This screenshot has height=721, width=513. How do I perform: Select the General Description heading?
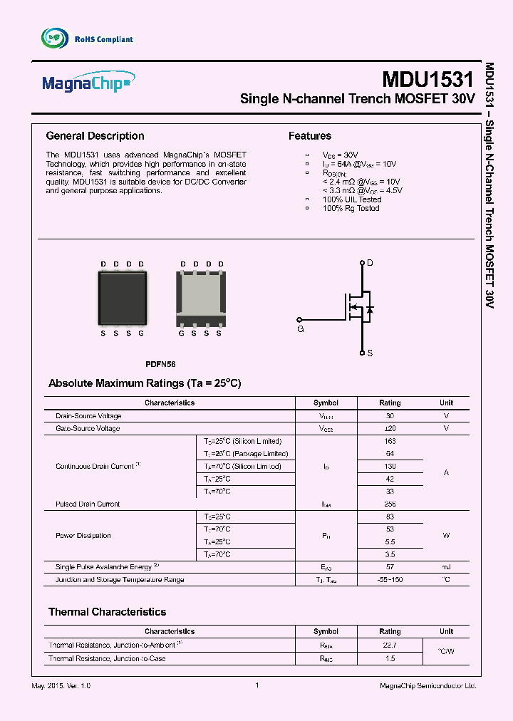(x=95, y=136)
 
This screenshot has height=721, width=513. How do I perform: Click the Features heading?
(x=309, y=136)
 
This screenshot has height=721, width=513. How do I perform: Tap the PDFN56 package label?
(x=160, y=364)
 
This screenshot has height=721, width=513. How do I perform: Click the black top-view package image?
(x=122, y=298)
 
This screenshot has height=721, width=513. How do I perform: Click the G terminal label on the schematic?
(x=300, y=330)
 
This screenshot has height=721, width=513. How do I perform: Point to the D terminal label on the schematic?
(x=370, y=264)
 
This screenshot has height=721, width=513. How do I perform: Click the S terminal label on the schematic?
(x=370, y=353)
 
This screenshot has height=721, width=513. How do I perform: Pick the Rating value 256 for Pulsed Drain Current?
(x=390, y=504)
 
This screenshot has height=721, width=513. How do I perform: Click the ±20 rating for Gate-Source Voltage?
(x=390, y=429)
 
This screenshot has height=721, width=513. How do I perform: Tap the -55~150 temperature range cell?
(x=390, y=580)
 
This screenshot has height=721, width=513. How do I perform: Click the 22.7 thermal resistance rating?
(x=390, y=645)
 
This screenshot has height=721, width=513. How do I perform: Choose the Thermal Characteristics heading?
(x=107, y=612)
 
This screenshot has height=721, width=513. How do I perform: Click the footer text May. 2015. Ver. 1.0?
(x=61, y=685)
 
